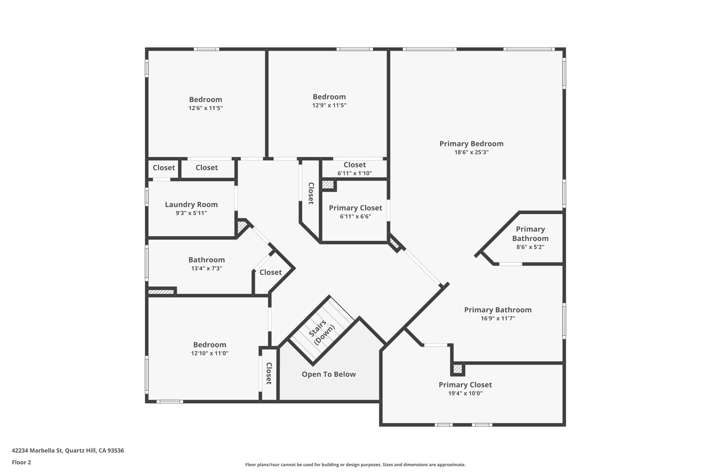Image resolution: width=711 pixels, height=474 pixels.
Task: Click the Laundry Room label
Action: coord(191,205)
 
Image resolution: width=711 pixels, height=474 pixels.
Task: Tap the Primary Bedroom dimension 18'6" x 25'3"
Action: coord(471,152)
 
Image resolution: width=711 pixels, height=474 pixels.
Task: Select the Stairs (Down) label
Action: coord(321,332)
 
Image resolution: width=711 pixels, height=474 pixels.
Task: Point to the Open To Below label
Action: coord(329,374)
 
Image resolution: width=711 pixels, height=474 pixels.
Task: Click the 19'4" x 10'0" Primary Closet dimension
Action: coord(465,393)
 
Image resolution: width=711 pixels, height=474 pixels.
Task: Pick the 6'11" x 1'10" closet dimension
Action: coord(355,173)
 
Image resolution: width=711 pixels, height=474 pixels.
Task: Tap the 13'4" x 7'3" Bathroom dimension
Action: coord(206,269)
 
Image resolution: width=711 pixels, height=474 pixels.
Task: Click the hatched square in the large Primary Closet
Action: coord(457,369)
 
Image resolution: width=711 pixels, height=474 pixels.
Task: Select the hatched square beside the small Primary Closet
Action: coord(328,185)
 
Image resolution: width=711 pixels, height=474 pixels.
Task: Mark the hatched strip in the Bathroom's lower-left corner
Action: coord(161,292)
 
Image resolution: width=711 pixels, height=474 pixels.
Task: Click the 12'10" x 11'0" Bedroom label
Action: coord(209,345)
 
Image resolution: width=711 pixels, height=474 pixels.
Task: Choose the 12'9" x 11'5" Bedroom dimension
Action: coord(329,106)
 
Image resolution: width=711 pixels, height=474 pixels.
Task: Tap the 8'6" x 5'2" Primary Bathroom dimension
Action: coord(530,247)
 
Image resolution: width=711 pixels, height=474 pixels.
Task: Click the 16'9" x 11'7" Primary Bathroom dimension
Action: coord(498,318)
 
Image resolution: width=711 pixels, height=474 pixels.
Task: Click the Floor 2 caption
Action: coord(21,462)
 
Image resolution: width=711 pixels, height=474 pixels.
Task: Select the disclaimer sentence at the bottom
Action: coord(355,465)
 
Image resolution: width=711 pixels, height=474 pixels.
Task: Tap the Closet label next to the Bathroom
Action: coord(271,272)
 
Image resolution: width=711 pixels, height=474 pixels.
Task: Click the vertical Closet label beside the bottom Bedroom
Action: coord(269,374)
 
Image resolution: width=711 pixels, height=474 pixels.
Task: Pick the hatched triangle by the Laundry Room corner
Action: coord(241,226)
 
